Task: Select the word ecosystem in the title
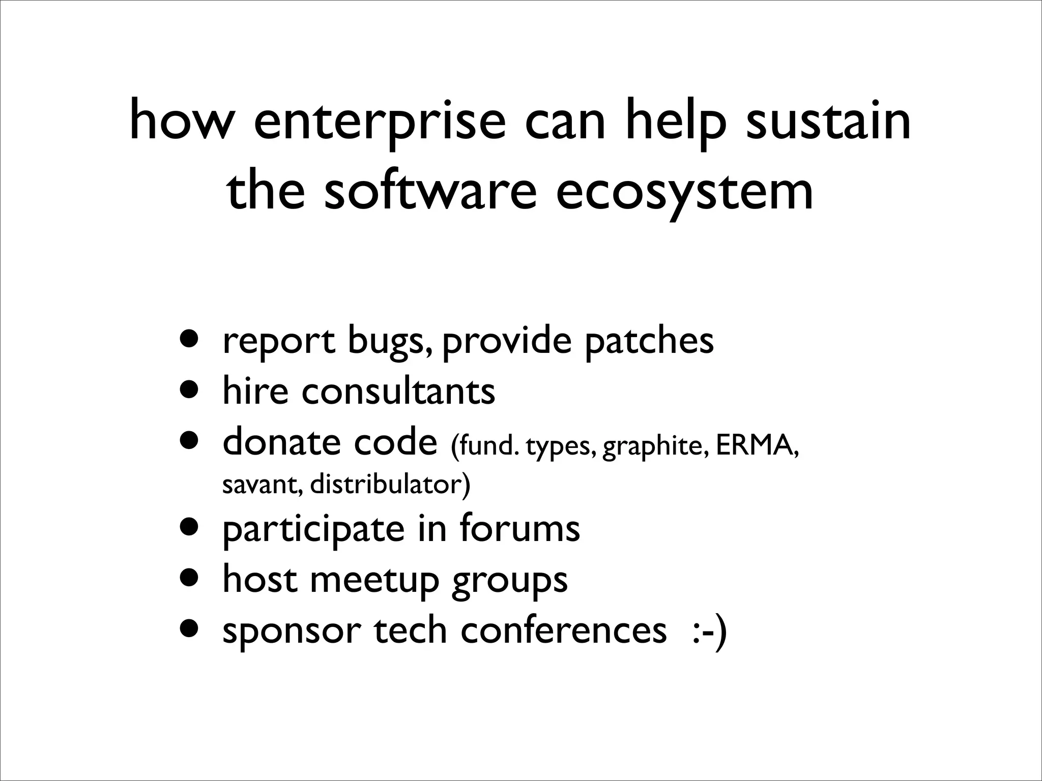(684, 193)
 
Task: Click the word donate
(281, 441)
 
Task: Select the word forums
(519, 528)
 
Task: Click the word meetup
(374, 580)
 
